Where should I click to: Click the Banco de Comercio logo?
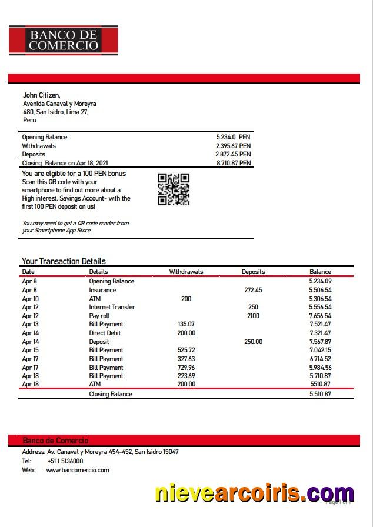point(64,40)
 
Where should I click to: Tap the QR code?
point(174,189)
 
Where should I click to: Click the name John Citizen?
point(41,95)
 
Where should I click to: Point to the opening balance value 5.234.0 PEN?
point(233,137)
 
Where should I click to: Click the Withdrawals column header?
point(186,272)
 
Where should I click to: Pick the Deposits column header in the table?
point(253,272)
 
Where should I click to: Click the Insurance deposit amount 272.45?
point(253,290)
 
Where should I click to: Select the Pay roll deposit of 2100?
point(253,316)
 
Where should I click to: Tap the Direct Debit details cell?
point(105,333)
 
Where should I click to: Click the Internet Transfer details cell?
point(112,307)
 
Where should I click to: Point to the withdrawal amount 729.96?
point(186,368)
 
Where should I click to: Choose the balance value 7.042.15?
point(320,350)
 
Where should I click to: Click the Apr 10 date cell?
point(30,299)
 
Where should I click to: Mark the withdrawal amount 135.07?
point(186,324)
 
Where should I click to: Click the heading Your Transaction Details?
point(64,261)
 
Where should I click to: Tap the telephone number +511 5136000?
point(65,461)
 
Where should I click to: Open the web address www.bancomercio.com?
point(77,470)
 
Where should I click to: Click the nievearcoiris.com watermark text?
point(254,493)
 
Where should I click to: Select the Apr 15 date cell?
point(30,350)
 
